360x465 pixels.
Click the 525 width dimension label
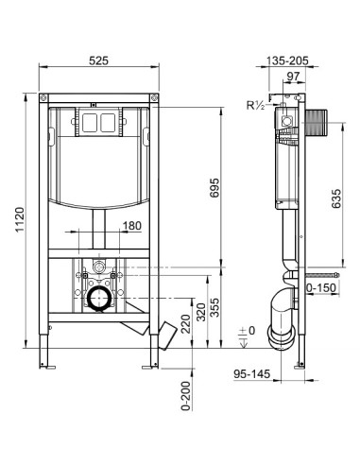coord(98,60)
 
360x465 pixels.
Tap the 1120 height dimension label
coord(21,219)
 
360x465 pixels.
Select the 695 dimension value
coord(214,188)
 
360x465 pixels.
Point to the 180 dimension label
coord(132,226)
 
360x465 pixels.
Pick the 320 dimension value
coord(201,312)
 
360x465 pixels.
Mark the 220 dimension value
coord(186,324)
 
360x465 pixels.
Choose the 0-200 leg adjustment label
coord(186,396)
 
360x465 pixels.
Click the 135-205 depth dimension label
coord(287,60)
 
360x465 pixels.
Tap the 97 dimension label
coord(293,77)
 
